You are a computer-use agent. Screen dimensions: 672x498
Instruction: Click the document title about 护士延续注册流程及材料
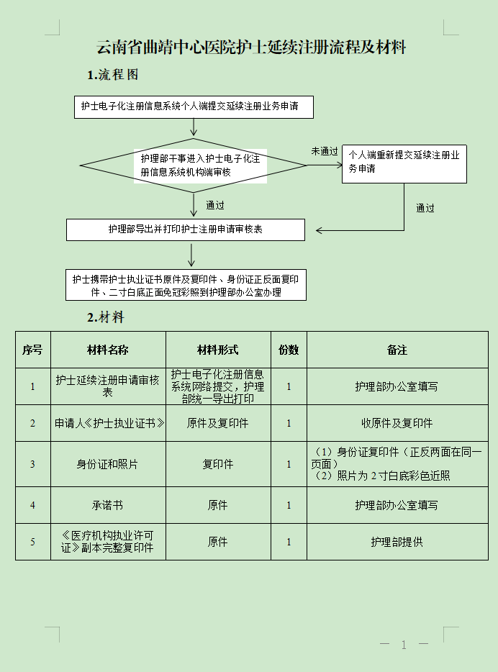tap(251, 48)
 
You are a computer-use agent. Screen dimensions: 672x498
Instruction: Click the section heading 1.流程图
tap(113, 75)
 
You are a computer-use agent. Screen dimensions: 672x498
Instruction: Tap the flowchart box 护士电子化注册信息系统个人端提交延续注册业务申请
tap(194, 106)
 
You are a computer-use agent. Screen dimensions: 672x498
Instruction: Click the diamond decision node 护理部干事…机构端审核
tap(194, 165)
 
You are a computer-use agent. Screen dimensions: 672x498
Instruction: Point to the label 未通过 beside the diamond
tap(324, 151)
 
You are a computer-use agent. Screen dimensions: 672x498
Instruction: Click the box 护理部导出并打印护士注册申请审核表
tap(186, 230)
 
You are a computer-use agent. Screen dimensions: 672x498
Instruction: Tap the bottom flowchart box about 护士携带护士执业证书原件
tap(186, 286)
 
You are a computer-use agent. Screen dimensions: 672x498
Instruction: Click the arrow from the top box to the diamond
tap(194, 127)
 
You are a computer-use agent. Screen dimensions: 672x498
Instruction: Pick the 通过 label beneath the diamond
tap(214, 205)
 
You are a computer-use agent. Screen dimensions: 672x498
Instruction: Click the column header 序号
tap(32, 350)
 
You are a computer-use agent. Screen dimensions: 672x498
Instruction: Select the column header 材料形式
tap(217, 350)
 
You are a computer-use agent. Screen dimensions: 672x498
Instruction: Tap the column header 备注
tap(397, 350)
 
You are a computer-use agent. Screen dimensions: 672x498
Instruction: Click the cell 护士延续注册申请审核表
tap(107, 386)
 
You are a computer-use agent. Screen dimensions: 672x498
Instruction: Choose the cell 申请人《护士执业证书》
tap(108, 423)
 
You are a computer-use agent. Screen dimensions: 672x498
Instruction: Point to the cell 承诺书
tap(107, 505)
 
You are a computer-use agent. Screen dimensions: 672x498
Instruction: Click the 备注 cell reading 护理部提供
tap(397, 542)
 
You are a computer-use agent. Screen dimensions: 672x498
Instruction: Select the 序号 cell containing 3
tap(32, 464)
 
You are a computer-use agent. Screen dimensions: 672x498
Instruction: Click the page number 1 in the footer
tap(404, 645)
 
